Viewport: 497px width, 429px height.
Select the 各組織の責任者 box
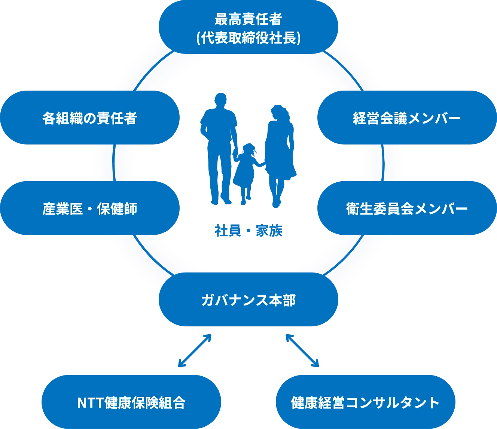tap(89, 118)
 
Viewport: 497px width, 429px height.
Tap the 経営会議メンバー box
tap(407, 118)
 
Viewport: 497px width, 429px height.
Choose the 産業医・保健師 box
tap(89, 209)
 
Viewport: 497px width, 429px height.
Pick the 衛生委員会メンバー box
tap(407, 209)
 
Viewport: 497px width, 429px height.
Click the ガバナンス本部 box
tap(248, 300)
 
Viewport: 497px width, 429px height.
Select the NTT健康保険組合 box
tap(131, 402)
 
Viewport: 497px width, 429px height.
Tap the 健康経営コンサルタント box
tap(365, 402)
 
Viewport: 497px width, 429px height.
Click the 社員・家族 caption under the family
tap(248, 231)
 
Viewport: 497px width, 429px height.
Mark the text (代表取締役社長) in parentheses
tap(248, 38)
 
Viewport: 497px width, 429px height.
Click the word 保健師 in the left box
tap(117, 209)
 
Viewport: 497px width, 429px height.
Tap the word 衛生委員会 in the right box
tap(379, 209)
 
